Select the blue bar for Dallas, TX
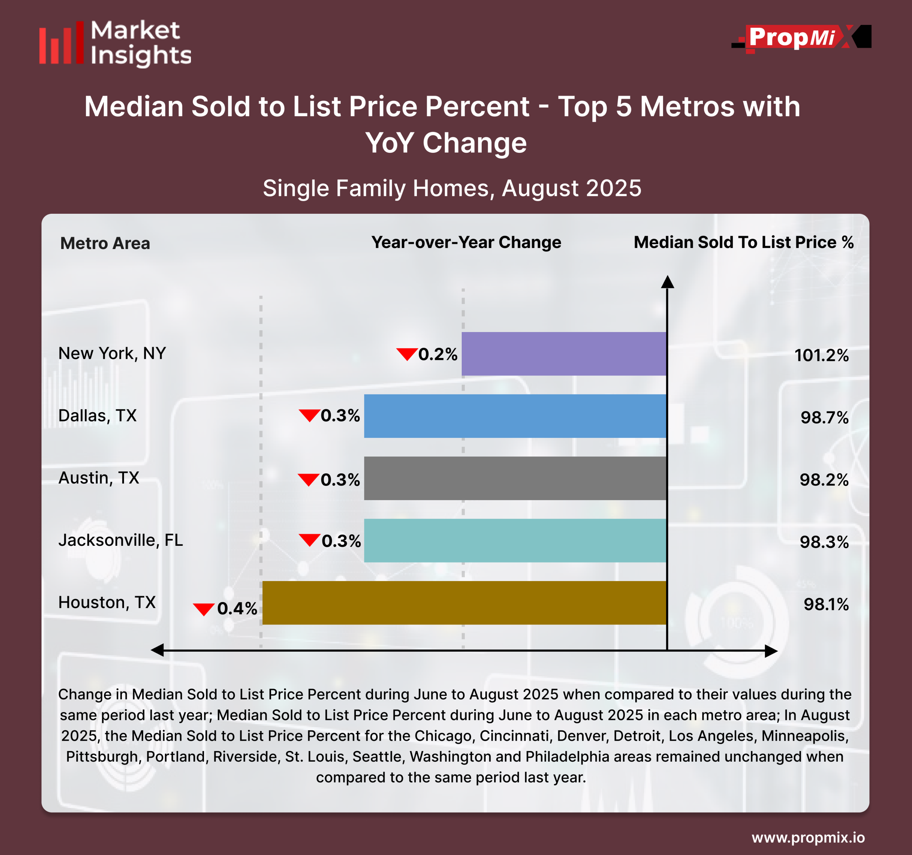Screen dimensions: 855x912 tap(515, 416)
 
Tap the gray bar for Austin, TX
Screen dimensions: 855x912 tap(515, 478)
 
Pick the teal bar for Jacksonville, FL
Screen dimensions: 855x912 tap(515, 540)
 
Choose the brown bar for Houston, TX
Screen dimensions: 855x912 tap(464, 603)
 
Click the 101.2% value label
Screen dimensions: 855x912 tap(821, 356)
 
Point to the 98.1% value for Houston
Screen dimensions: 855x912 tap(826, 605)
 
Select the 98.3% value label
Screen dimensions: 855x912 tap(824, 542)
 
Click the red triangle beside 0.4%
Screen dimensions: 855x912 tap(204, 609)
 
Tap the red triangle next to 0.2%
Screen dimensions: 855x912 tap(407, 354)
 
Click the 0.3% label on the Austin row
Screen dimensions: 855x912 tap(340, 480)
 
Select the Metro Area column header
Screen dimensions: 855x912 tap(105, 243)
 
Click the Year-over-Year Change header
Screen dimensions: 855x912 tap(466, 242)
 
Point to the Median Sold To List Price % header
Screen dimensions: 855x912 tap(743, 242)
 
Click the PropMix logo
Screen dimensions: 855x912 tap(801, 38)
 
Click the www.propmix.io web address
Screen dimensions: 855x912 tap(808, 838)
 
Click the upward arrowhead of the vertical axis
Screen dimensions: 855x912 tap(668, 282)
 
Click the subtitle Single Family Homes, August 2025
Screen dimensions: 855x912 tap(452, 188)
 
